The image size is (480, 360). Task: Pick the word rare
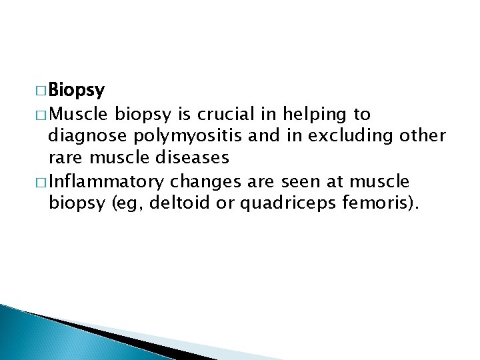click(x=64, y=158)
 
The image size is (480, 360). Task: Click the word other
click(x=423, y=136)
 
